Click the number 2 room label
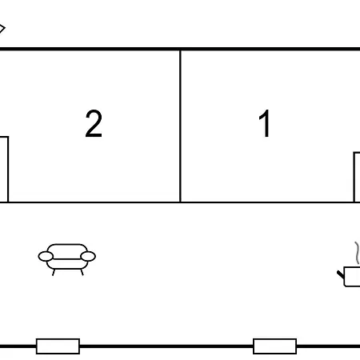94,123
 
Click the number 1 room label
265,123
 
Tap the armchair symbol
67,259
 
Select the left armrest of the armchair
46,257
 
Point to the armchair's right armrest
88,256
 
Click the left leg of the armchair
54,272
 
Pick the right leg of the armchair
82,272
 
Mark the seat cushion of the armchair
67,264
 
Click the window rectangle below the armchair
58,346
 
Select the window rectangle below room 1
274,346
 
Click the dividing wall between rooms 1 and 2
181,126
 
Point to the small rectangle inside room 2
4,170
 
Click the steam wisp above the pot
357,253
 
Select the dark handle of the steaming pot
341,274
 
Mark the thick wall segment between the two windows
166,346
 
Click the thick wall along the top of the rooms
180,49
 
